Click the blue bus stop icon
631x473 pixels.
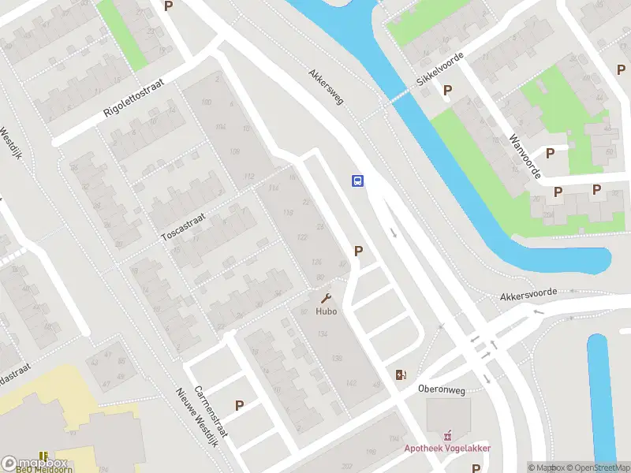point(357,181)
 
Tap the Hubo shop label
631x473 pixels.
point(327,311)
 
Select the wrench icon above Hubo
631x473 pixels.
point(326,299)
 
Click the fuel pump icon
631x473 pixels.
point(401,375)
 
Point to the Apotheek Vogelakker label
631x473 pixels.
point(448,449)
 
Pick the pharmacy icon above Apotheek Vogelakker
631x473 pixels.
point(449,434)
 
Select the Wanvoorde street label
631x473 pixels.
point(525,155)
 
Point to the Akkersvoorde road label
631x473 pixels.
point(528,295)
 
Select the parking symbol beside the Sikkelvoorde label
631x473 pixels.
point(447,91)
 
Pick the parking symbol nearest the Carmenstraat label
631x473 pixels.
point(239,405)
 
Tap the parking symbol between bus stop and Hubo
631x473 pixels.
point(358,251)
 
